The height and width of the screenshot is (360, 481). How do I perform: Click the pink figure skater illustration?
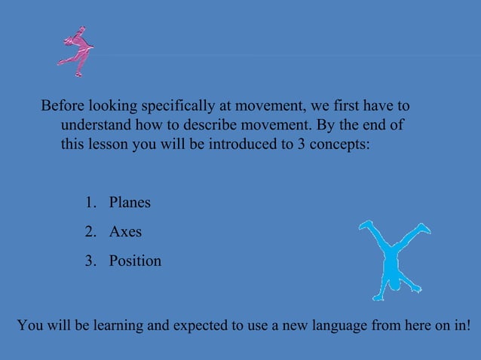coord(76,51)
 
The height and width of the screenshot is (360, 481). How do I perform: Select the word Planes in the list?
coord(130,203)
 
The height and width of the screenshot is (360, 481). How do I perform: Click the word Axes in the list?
coord(125,232)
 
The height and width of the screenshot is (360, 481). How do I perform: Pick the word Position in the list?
coord(135,261)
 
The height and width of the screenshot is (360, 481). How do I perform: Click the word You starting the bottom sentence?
coord(30,326)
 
